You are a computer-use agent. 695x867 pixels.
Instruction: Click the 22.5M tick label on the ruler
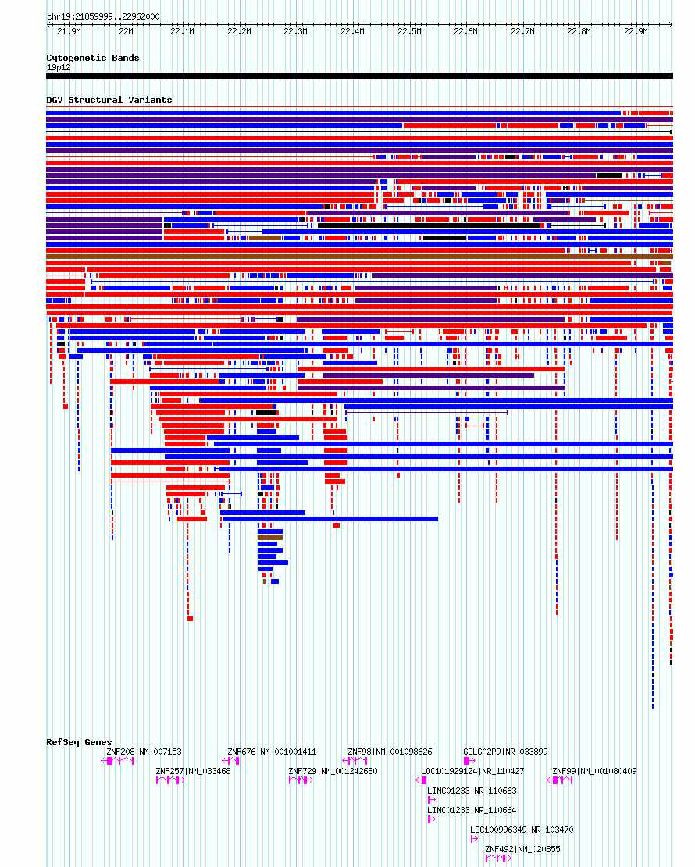point(409,31)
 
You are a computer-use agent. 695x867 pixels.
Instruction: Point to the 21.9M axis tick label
point(69,31)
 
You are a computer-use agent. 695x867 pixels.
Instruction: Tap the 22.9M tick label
point(636,31)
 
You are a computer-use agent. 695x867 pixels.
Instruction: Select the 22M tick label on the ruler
point(127,31)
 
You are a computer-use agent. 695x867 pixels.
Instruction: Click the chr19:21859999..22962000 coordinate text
point(103,16)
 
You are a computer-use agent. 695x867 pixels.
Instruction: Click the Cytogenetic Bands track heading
point(92,58)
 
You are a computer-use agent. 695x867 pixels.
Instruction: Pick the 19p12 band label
point(59,67)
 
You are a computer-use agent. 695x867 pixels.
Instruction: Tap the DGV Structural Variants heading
point(109,100)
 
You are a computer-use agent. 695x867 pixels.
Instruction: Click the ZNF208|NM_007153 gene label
point(144,752)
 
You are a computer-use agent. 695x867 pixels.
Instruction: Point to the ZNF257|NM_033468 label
point(193,771)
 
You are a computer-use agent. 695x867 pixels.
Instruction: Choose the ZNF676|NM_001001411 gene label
point(272,752)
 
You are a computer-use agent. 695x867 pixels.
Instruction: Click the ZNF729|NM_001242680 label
point(333,771)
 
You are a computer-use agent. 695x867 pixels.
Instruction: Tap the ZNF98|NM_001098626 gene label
point(390,752)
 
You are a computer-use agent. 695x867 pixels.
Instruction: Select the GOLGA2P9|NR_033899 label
point(505,752)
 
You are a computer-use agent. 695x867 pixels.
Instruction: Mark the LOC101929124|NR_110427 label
point(472,771)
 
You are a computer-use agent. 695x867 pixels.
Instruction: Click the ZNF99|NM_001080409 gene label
point(594,771)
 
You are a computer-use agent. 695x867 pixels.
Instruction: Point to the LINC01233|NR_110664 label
point(472,811)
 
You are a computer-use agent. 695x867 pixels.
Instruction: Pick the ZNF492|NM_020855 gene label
point(522,849)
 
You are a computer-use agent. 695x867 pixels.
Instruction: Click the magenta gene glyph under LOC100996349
point(474,839)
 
